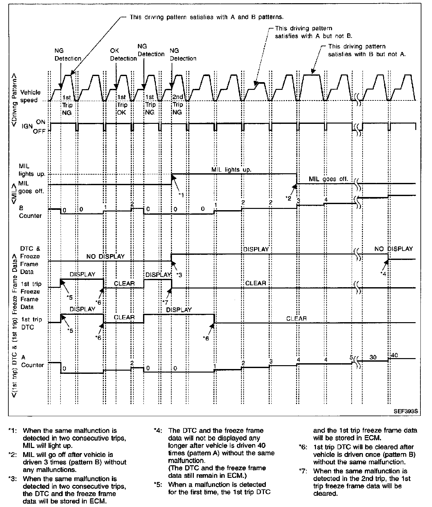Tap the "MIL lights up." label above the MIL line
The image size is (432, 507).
tap(231, 169)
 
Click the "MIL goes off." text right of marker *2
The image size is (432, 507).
tap(328, 179)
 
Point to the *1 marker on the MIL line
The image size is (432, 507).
tap(182, 195)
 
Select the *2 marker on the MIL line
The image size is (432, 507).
tap(288, 198)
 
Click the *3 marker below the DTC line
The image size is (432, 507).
tap(179, 275)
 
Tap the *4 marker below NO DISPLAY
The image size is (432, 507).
tap(383, 273)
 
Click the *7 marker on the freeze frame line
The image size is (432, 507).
tap(165, 302)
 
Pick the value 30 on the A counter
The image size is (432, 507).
tap(373, 357)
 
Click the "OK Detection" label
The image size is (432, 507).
tap(123, 55)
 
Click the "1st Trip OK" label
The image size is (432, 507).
tap(122, 105)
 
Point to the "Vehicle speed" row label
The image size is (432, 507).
tap(29, 96)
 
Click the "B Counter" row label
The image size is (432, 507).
tap(30, 212)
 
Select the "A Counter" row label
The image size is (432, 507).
tap(32, 361)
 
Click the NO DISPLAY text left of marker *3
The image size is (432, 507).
tap(105, 256)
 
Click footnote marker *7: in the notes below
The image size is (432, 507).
tap(303, 471)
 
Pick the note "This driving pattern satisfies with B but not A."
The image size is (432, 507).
tap(366, 50)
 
